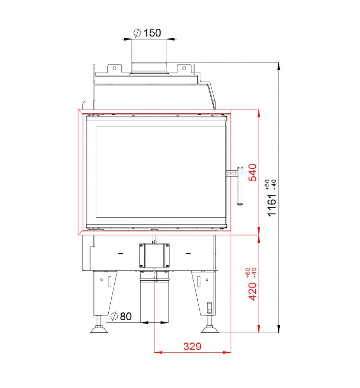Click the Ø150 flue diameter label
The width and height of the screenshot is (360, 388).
pyautogui.click(x=147, y=33)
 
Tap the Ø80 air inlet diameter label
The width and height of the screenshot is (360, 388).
pyautogui.click(x=121, y=316)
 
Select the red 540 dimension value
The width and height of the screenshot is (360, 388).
pyautogui.click(x=253, y=172)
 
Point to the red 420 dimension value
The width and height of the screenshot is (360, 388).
pyautogui.click(x=253, y=291)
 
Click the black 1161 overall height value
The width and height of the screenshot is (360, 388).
pyautogui.click(x=272, y=205)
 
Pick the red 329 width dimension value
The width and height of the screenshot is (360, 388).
pyautogui.click(x=192, y=346)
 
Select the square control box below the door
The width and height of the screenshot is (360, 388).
pyautogui.click(x=154, y=256)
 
